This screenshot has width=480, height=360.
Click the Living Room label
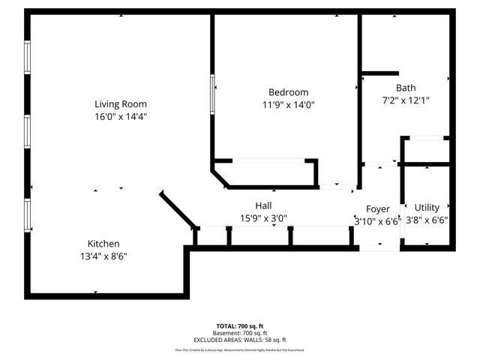tap(120, 104)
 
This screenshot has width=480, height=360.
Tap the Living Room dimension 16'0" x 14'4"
tap(120, 117)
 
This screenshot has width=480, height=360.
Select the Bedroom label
tap(288, 92)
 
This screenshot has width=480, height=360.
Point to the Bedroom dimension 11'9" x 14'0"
tap(288, 105)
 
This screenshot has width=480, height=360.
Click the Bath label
tap(406, 87)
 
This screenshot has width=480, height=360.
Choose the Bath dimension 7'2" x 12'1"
tap(406, 100)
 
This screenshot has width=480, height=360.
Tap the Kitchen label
tap(103, 244)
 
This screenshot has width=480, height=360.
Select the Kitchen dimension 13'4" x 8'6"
tap(103, 256)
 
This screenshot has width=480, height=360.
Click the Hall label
tap(263, 205)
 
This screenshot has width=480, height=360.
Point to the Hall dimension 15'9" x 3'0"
tap(263, 218)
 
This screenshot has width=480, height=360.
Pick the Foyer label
tap(378, 208)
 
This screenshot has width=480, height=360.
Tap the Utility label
tap(427, 208)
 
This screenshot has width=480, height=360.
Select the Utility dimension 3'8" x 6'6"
tap(427, 220)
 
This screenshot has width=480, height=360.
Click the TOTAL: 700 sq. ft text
tap(240, 326)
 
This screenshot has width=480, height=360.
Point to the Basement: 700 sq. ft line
tap(240, 332)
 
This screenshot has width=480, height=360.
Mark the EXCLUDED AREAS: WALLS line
tap(240, 339)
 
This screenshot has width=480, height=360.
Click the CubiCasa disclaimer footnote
tap(240, 349)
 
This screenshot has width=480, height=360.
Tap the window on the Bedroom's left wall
tap(212, 93)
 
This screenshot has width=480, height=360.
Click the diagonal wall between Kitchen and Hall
tap(178, 209)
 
